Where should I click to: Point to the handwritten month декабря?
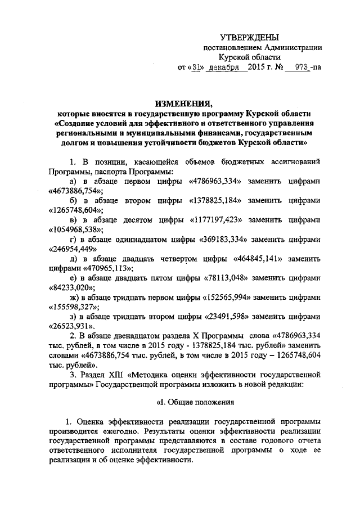click(224, 67)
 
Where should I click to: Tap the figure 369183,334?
click(228, 239)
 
